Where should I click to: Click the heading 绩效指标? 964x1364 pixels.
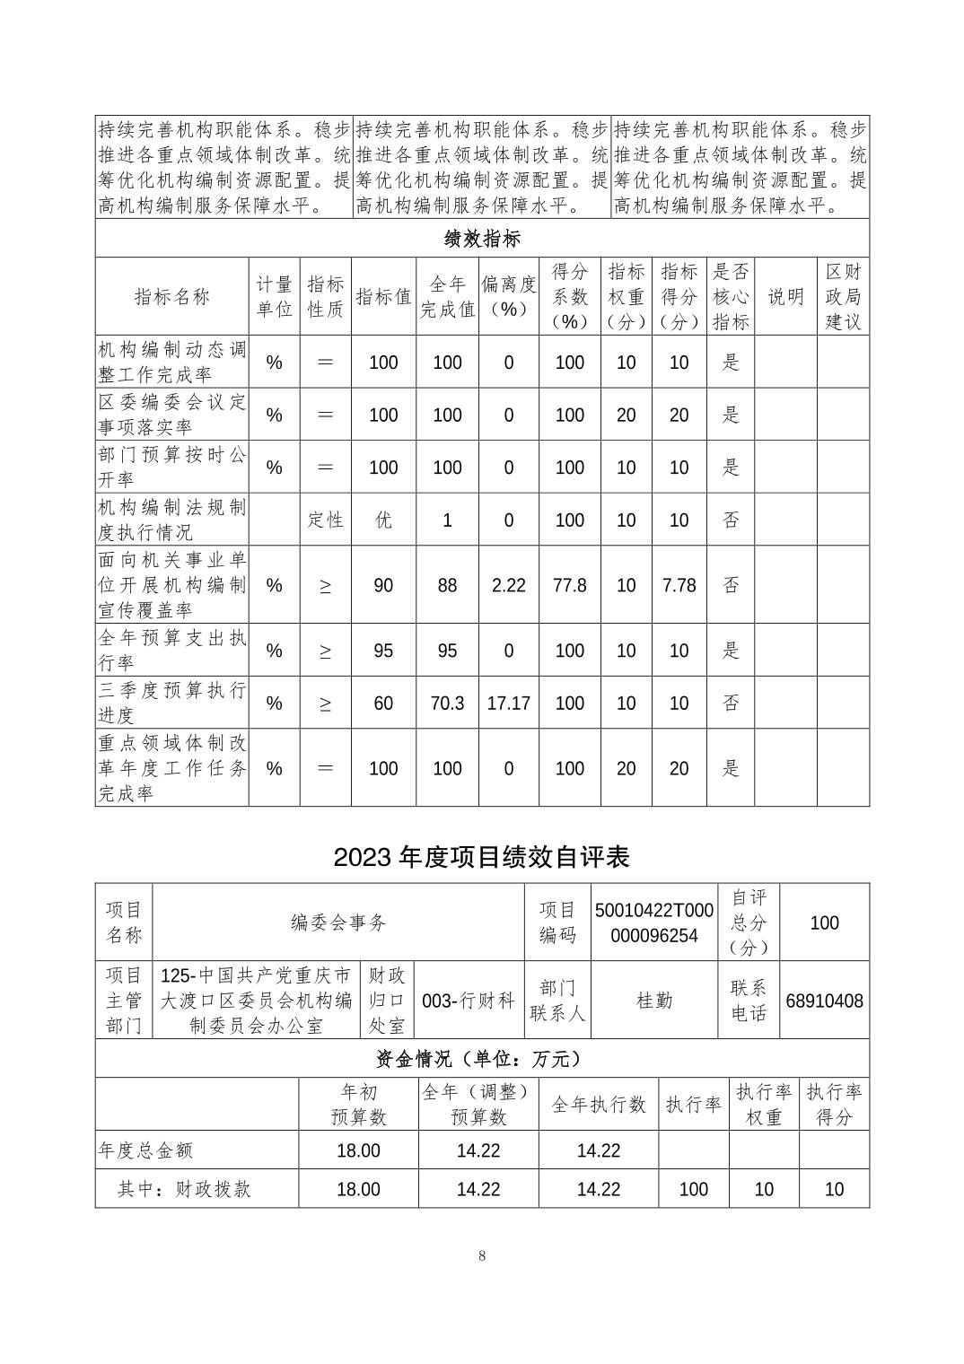pos(482,239)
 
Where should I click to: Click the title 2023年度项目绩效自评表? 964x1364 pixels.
pos(481,857)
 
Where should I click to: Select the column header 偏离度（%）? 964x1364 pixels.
pos(508,296)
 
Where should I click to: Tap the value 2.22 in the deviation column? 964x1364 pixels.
pos(508,585)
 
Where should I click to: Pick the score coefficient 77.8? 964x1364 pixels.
pos(569,585)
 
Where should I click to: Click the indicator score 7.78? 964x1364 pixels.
pos(679,585)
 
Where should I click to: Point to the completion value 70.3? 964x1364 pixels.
pos(447,703)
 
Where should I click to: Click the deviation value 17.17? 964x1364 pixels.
pos(508,703)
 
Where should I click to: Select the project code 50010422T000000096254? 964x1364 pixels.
pos(653,922)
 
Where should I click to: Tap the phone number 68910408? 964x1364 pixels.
pos(824,1001)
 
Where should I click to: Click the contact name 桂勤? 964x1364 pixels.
pos(653,1001)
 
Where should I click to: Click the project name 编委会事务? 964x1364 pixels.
pos(338,922)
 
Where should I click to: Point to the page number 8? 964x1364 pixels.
pos(482,1255)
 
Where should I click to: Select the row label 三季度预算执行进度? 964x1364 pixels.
pos(171,703)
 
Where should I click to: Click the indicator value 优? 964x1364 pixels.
pos(383,520)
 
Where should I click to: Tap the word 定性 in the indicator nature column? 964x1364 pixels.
pos(325,520)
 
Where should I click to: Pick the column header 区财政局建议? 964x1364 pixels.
pos(842,296)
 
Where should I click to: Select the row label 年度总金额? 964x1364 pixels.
pos(145,1150)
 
